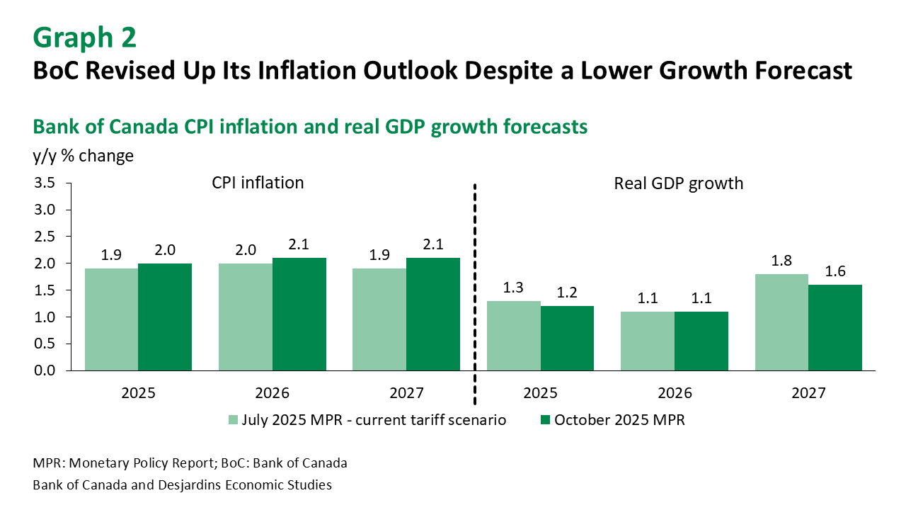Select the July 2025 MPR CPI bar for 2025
(111, 319)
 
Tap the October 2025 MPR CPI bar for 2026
(299, 314)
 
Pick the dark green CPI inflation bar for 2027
(433, 314)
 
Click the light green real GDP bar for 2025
(514, 335)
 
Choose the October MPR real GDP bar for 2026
(701, 341)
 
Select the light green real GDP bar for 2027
(782, 322)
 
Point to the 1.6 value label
(835, 271)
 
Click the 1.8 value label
(782, 261)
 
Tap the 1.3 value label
(514, 288)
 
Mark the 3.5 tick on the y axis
(45, 183)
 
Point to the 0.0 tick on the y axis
(45, 370)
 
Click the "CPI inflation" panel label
(258, 183)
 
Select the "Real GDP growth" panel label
(678, 183)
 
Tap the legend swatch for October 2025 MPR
(544, 420)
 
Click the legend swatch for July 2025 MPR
(233, 420)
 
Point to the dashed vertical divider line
(474, 283)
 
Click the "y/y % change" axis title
(83, 156)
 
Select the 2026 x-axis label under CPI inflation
(273, 393)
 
